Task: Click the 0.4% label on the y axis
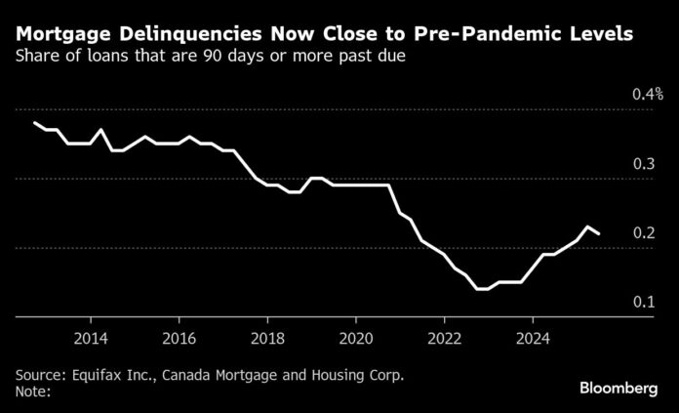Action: click(x=647, y=95)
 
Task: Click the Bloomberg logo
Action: click(x=619, y=389)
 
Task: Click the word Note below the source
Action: click(x=30, y=392)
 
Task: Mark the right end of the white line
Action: click(x=599, y=233)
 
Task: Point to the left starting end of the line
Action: click(x=34, y=123)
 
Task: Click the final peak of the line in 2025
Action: click(x=588, y=227)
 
